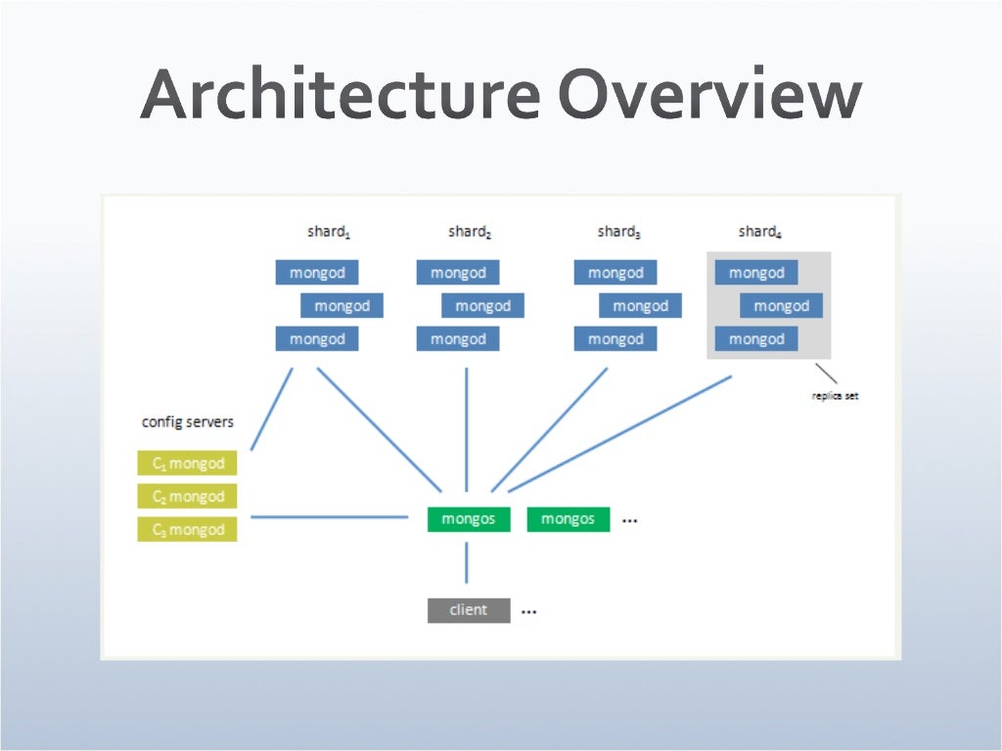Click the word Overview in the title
point(710,97)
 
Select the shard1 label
point(329,232)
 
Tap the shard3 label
point(619,232)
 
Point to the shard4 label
point(760,232)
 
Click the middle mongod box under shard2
point(482,306)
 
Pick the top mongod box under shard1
point(317,273)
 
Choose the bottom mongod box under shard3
point(615,339)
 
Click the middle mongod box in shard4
point(781,306)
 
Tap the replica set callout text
point(835,396)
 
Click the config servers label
point(188,422)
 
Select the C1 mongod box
point(188,464)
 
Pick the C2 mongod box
point(188,497)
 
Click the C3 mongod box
point(188,530)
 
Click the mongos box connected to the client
point(469,519)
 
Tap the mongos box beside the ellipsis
point(569,519)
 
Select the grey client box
point(469,610)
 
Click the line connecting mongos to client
point(467,563)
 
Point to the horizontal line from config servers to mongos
point(329,517)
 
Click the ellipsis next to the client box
point(529,612)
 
